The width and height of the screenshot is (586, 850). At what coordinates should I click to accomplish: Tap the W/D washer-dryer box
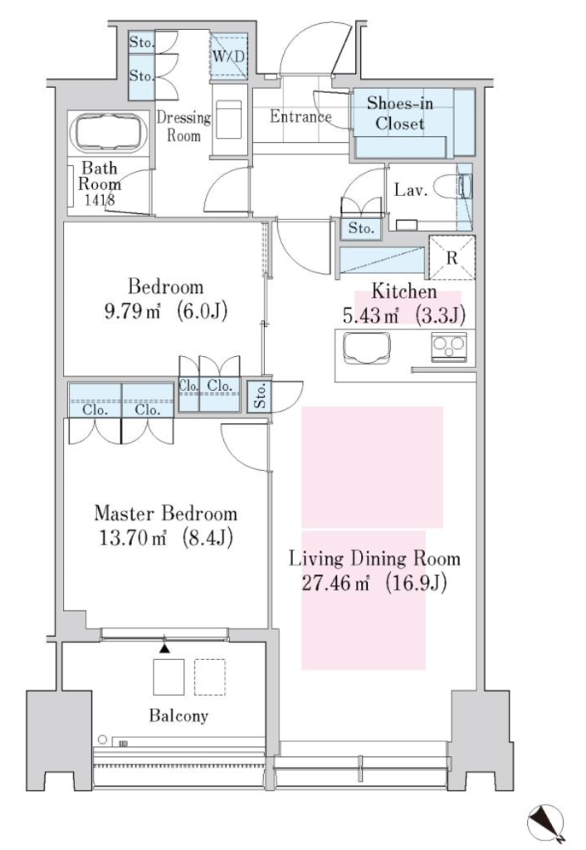click(229, 56)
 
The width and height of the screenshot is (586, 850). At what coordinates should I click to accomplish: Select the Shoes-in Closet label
click(400, 113)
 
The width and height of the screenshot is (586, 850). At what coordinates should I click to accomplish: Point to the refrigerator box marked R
click(452, 257)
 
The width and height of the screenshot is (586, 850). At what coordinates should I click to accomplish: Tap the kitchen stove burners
click(448, 347)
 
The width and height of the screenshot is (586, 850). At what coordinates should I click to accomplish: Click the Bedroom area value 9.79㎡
click(132, 311)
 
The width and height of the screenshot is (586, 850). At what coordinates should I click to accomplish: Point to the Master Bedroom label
click(165, 513)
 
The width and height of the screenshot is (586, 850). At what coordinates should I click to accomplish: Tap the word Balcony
click(178, 716)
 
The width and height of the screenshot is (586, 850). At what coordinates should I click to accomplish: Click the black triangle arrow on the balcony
click(165, 647)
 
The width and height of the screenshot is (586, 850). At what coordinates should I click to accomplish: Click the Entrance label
click(300, 116)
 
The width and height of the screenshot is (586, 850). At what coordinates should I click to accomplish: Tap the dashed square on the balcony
click(210, 677)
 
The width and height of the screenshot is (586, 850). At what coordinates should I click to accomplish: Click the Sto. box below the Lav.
click(361, 228)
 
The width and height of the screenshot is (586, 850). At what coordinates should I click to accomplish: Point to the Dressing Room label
click(183, 126)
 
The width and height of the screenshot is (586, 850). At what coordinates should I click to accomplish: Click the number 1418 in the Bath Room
click(100, 199)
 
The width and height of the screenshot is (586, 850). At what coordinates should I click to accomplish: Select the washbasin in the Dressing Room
click(229, 119)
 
